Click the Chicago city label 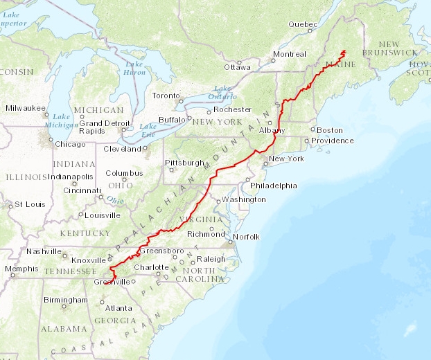tap(71, 144)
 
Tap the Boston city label tap(330, 130)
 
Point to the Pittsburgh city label tap(184, 163)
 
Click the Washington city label tap(244, 199)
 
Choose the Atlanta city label tap(118, 308)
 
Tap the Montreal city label tap(290, 54)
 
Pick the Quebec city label tap(302, 24)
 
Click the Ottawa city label tap(237, 67)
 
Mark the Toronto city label tap(166, 96)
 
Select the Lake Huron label tap(134, 67)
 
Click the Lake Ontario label tap(222, 91)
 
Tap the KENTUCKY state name tap(85, 233)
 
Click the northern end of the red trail tap(344, 51)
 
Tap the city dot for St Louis tap(10, 205)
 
